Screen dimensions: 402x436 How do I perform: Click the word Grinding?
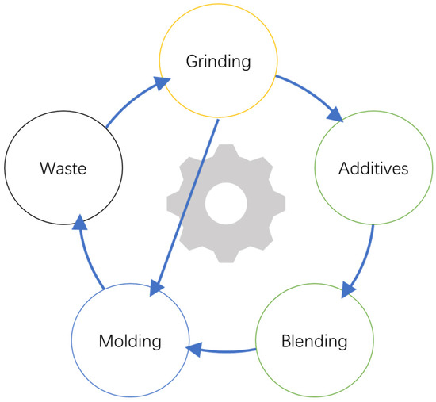[x=218, y=60]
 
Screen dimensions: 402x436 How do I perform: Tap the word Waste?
[x=63, y=169]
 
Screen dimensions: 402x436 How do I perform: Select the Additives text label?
[x=373, y=169]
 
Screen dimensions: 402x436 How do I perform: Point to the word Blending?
[x=314, y=342]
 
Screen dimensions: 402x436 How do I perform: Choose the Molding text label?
[x=130, y=342]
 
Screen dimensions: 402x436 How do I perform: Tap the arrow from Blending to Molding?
[x=222, y=348]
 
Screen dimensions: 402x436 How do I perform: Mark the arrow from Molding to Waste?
[x=86, y=254]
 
